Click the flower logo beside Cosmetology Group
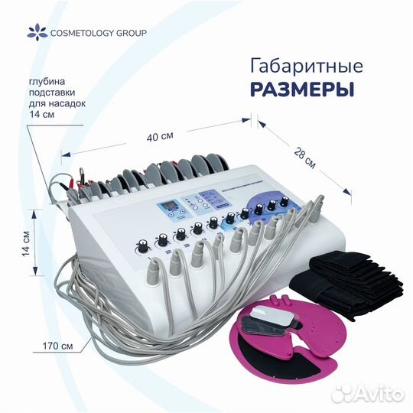tap(37, 32)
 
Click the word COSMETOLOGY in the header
tap(82, 33)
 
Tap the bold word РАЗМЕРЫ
tap(302, 89)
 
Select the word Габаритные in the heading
tap(307, 67)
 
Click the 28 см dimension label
tap(304, 158)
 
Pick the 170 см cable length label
tap(57, 346)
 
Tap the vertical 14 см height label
tap(26, 244)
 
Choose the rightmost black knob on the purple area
tap(285, 200)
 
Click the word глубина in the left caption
tap(47, 81)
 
